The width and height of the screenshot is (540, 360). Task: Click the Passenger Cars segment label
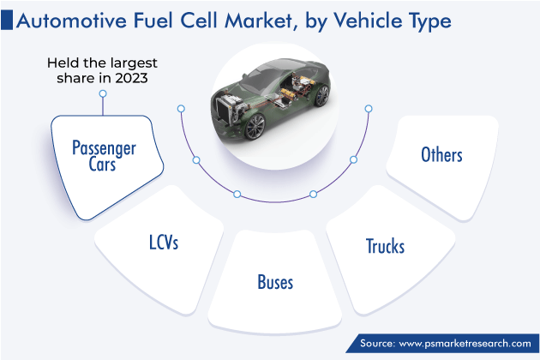click(x=104, y=156)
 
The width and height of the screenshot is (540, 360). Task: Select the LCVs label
click(x=164, y=242)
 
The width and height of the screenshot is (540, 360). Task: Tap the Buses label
click(x=275, y=282)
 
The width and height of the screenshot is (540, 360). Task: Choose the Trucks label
click(x=385, y=246)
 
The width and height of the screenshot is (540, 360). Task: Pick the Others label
click(x=441, y=154)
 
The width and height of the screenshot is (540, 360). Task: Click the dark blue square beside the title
click(x=7, y=20)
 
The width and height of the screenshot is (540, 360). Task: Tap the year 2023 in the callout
click(x=131, y=78)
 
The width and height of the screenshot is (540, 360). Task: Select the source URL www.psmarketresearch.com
click(x=465, y=344)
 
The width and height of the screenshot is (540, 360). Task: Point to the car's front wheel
click(x=255, y=127)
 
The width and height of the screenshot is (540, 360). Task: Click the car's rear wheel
click(x=321, y=95)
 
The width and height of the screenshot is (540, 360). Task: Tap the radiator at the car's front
click(x=224, y=107)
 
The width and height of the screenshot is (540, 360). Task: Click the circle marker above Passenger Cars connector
click(x=103, y=93)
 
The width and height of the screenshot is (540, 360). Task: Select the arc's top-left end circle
click(x=181, y=109)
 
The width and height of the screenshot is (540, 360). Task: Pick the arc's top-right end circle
click(x=369, y=109)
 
